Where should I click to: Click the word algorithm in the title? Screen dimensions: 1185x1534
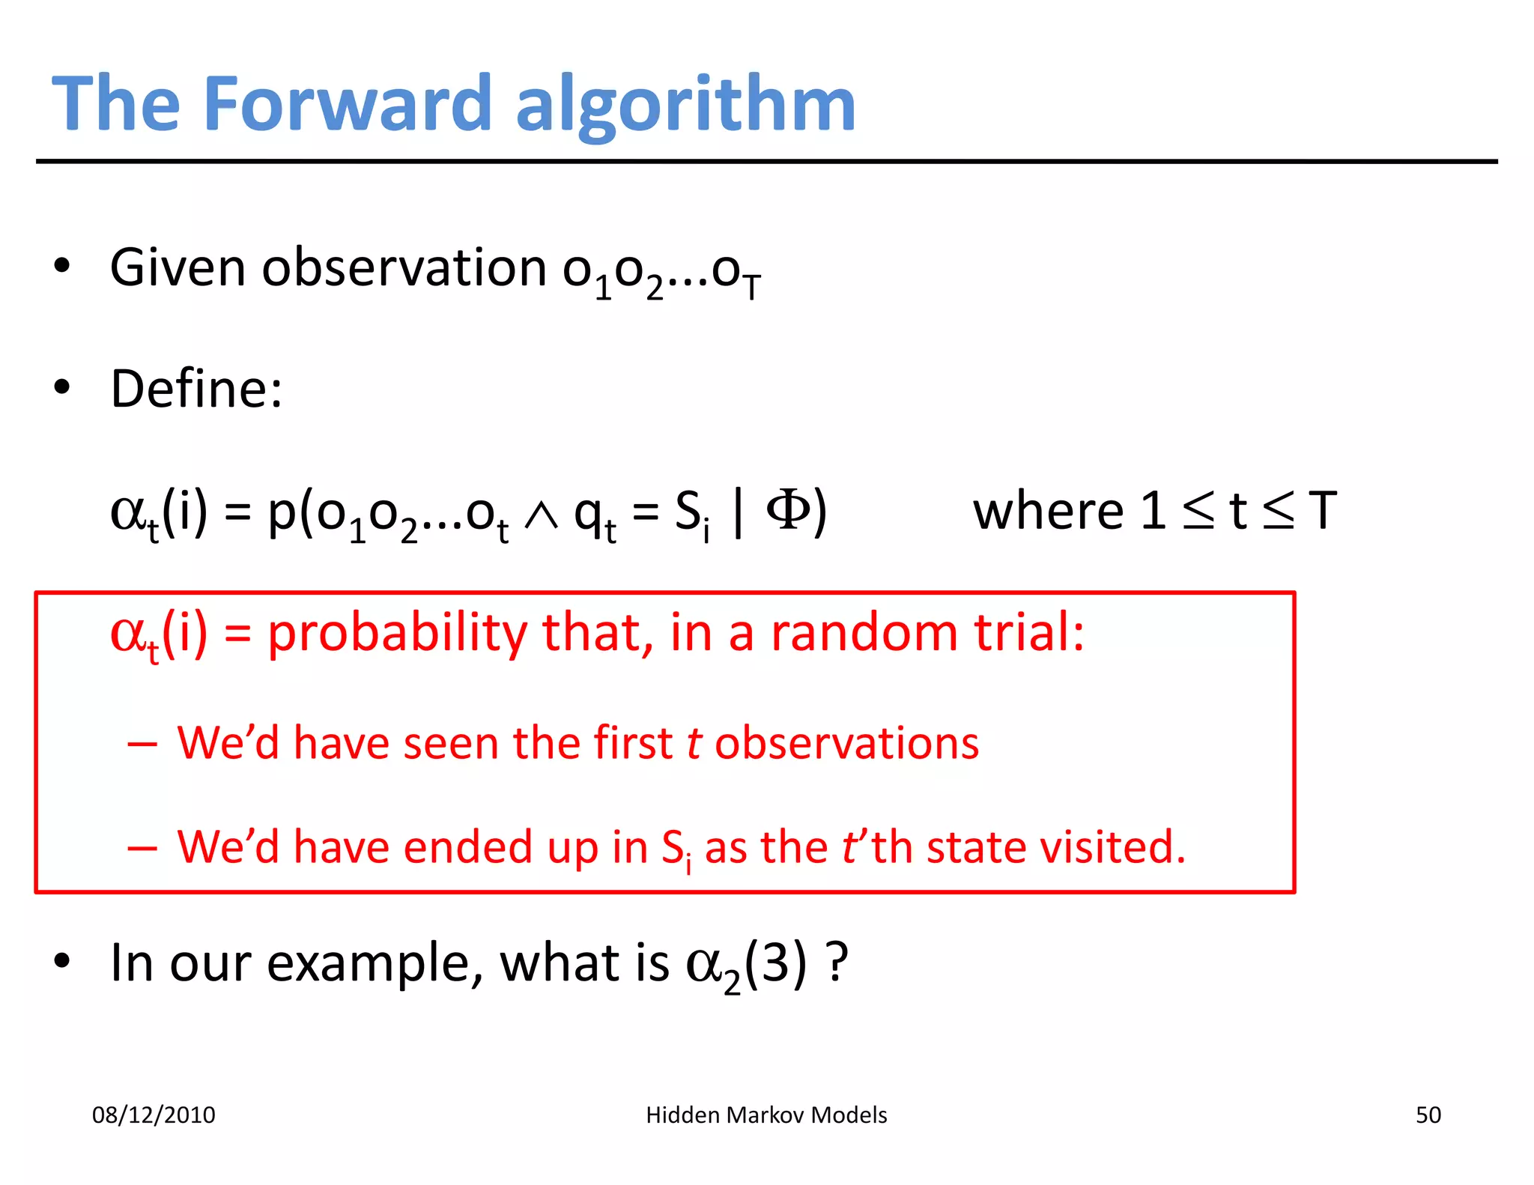pyautogui.click(x=685, y=105)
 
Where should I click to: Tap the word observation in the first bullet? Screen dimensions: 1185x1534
pyautogui.click(x=404, y=267)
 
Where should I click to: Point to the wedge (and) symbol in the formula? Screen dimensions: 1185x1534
pyautogui.click(x=541, y=515)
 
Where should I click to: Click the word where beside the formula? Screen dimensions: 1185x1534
pyautogui.click(x=1048, y=511)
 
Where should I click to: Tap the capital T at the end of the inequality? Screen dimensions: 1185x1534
pyautogui.click(x=1322, y=511)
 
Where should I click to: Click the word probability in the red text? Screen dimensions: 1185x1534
pyautogui.click(x=398, y=633)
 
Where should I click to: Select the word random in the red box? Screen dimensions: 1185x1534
pyautogui.click(x=864, y=632)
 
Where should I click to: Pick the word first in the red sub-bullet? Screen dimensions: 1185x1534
pyautogui.click(x=633, y=743)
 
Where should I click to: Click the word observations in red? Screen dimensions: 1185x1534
pyautogui.click(x=846, y=743)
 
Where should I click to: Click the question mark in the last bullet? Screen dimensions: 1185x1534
pyautogui.click(x=837, y=962)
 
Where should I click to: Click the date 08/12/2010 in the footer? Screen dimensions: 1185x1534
pyautogui.click(x=154, y=1115)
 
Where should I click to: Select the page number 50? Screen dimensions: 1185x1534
pyautogui.click(x=1428, y=1115)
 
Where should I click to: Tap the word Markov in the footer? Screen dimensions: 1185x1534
pyautogui.click(x=764, y=1115)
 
